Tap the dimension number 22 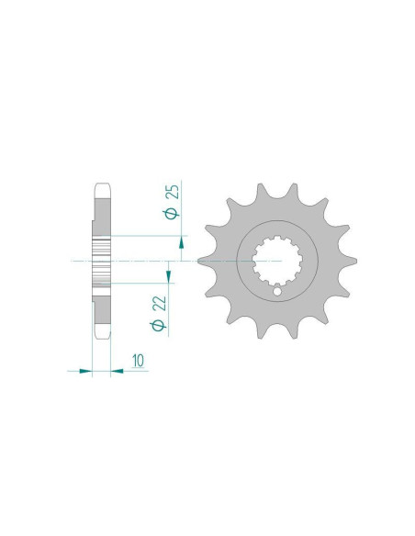[160, 303]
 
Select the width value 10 [139, 361]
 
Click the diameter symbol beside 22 [158, 325]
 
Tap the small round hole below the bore [277, 292]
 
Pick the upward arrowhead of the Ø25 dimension [181, 243]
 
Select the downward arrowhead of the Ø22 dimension [168, 276]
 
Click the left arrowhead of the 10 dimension [85, 371]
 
